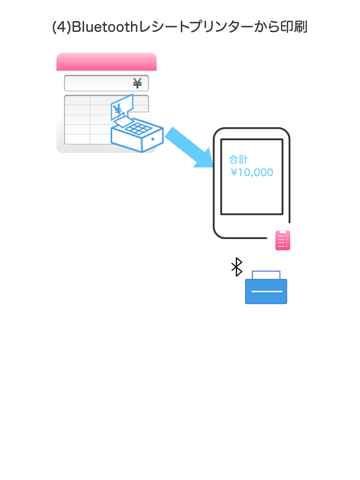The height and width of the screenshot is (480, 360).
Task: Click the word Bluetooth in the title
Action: (x=105, y=27)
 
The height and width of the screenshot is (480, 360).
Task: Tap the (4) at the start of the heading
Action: (x=62, y=27)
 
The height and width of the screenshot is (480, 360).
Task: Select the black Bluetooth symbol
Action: (x=237, y=267)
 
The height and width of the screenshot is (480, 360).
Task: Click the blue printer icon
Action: (x=266, y=287)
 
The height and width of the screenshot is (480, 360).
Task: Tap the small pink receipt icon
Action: (x=283, y=240)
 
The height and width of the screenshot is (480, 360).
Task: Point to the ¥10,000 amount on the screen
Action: (x=252, y=172)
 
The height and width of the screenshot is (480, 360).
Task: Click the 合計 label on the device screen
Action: (x=238, y=159)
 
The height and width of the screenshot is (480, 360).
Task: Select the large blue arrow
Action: (x=189, y=147)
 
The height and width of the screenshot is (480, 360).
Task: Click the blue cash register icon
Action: (x=137, y=124)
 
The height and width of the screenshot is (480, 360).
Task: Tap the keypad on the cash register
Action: (x=137, y=128)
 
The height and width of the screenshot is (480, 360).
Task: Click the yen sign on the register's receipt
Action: (x=117, y=109)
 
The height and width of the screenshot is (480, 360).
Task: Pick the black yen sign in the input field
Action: (x=137, y=83)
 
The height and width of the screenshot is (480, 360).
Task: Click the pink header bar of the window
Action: (x=106, y=62)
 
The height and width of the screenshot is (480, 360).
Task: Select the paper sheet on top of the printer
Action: (x=266, y=275)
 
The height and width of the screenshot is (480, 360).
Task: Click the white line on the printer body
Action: (x=267, y=291)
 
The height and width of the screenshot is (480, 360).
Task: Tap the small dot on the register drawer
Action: (x=153, y=139)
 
